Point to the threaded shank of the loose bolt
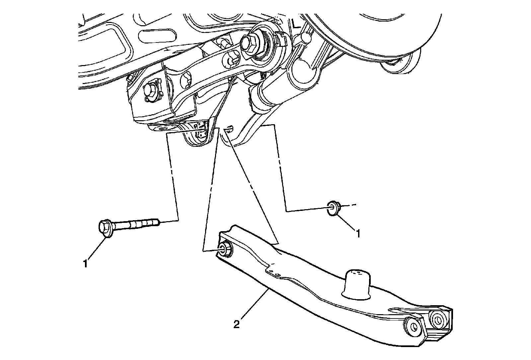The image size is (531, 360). [139, 223]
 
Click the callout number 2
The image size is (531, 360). [236, 324]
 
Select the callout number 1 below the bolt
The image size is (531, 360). [85, 264]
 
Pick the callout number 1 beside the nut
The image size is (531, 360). [358, 234]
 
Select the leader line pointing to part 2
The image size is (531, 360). [254, 306]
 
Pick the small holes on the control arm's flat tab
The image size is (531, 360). [274, 273]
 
